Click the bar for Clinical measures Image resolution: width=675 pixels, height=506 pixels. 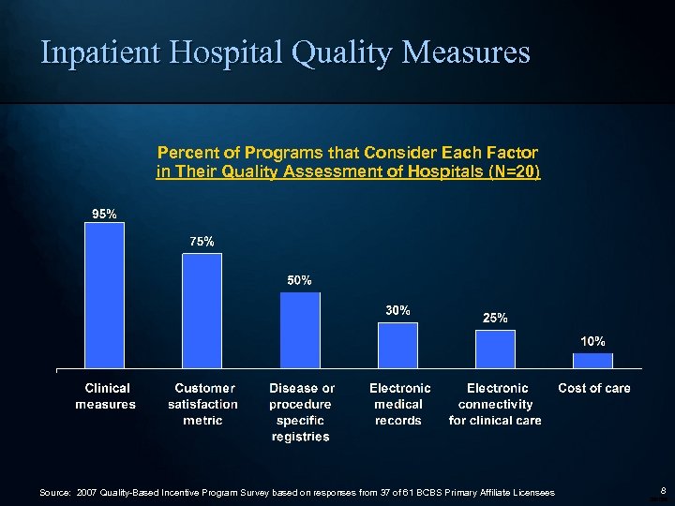[104, 295]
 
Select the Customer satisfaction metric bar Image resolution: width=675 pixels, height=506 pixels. [202, 311]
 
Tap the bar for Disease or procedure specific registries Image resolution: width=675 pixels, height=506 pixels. [300, 331]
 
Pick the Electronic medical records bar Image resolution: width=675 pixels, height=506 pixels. [397, 346]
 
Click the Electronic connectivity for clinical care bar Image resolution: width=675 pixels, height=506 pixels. [495, 350]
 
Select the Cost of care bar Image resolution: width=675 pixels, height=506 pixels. [592, 361]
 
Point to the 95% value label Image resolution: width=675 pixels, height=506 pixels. [104, 214]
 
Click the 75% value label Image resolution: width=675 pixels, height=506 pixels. [202, 242]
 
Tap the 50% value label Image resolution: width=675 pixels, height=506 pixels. [299, 280]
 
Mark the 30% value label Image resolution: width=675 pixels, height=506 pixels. [397, 310]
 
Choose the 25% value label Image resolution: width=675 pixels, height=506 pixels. [495, 319]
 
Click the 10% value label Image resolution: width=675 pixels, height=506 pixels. [592, 341]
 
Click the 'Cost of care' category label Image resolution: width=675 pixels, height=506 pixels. [594, 388]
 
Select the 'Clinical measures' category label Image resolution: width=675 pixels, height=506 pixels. [106, 396]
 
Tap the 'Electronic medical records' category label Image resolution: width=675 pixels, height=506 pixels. [399, 404]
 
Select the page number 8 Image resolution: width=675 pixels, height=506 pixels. [662, 490]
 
